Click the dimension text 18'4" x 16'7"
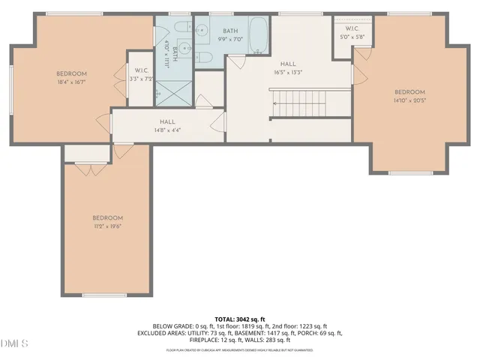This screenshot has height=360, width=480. coord(73,83)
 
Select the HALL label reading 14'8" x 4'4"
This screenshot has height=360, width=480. coord(167,125)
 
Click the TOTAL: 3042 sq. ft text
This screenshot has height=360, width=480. coord(240,318)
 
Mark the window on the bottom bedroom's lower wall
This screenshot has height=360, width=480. coord(104,295)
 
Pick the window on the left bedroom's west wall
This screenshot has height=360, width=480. coord(10,89)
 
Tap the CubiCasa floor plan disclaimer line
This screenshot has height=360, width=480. coord(240,349)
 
